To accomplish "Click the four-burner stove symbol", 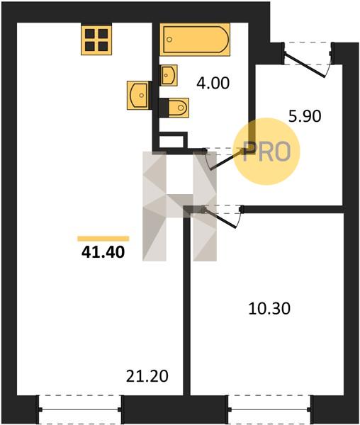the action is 96,40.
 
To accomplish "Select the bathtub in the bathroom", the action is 195,40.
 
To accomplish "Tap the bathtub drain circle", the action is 169,40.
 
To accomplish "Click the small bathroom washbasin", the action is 169,75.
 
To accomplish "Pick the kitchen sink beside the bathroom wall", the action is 138,95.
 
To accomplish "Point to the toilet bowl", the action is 179,108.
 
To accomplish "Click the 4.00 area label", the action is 213,83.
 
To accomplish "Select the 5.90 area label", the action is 305,117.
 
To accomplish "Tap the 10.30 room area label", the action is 269,309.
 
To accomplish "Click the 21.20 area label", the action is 147,376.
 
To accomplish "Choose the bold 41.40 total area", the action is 103,252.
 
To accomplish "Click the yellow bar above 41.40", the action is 103,239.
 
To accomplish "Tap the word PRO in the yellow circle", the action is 266,152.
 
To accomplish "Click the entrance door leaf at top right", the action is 305,65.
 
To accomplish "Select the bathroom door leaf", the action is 226,159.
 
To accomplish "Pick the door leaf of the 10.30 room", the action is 220,217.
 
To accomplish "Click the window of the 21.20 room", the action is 80,409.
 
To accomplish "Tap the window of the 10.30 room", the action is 269,409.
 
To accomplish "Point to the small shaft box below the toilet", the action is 174,141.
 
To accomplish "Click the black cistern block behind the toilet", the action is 164,108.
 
